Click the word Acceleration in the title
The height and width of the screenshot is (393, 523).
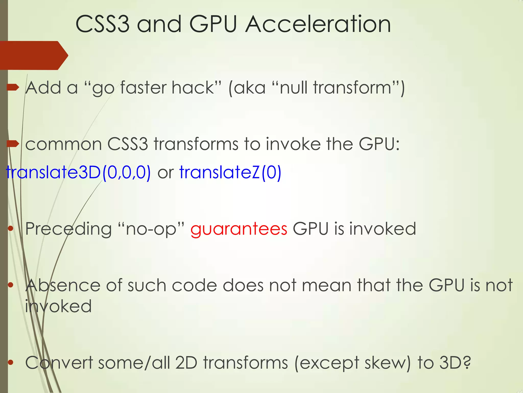[318, 24]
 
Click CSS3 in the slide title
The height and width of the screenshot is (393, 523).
[102, 24]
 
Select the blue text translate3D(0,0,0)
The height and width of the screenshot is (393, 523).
[78, 172]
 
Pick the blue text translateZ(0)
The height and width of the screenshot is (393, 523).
[230, 172]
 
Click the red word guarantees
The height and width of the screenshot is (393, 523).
[239, 229]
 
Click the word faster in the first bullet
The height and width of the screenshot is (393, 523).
[143, 88]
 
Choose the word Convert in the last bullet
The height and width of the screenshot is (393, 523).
[59, 363]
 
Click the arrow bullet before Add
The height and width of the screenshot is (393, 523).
[13, 88]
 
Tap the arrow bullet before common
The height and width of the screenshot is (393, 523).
[13, 144]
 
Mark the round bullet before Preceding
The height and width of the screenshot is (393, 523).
[10, 229]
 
